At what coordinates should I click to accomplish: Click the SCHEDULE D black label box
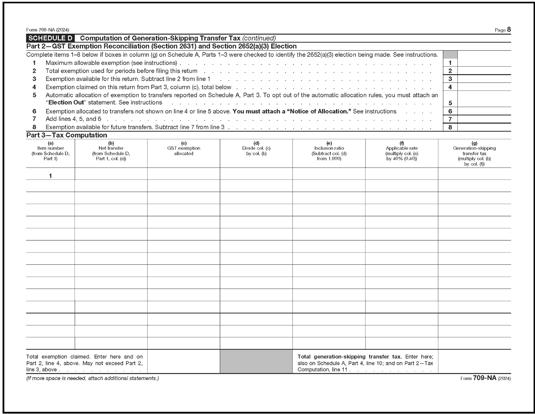(x=50, y=38)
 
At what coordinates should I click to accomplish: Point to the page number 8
(x=509, y=30)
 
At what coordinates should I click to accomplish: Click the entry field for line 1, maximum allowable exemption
(x=484, y=63)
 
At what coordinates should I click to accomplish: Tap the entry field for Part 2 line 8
(x=484, y=127)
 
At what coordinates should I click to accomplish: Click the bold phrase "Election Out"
(x=66, y=102)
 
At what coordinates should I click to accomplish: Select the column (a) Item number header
(x=50, y=151)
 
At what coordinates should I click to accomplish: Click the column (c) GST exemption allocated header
(x=184, y=148)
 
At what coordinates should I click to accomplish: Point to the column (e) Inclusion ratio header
(x=329, y=151)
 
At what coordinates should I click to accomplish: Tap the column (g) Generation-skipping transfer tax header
(x=474, y=153)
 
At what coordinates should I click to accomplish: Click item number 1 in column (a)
(x=50, y=176)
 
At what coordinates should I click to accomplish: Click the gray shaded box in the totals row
(x=256, y=361)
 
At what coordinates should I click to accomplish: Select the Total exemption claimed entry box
(x=184, y=361)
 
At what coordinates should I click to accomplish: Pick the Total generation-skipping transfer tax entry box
(x=474, y=361)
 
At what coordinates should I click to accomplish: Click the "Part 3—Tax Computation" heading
(x=67, y=135)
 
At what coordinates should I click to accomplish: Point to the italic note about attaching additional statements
(x=92, y=378)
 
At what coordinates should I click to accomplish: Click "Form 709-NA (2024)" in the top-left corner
(x=48, y=30)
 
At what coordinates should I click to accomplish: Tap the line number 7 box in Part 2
(x=450, y=119)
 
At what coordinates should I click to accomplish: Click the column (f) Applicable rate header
(x=402, y=151)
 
